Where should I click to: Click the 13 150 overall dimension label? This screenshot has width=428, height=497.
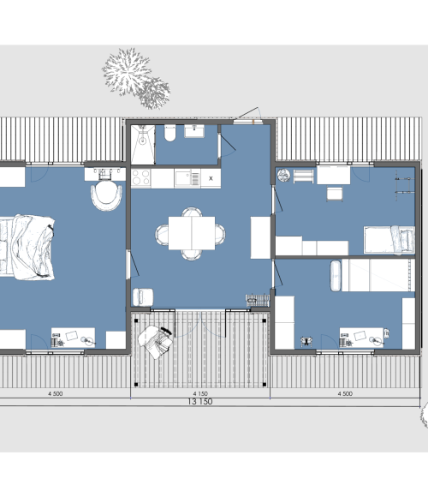pyautogui.click(x=200, y=402)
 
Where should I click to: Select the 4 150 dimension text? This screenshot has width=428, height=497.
pyautogui.click(x=200, y=393)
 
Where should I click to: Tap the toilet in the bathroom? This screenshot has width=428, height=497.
pyautogui.click(x=170, y=133)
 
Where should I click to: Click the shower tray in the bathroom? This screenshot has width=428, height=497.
pyautogui.click(x=143, y=145)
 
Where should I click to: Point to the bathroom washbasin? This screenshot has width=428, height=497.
pyautogui.click(x=194, y=131)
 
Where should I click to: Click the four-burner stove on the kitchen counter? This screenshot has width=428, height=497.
pyautogui.click(x=141, y=177)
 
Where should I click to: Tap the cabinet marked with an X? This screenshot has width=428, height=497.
pyautogui.click(x=211, y=178)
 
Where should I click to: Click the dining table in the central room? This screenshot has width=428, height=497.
pyautogui.click(x=192, y=233)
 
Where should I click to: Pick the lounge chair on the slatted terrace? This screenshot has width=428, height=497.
pyautogui.click(x=156, y=342)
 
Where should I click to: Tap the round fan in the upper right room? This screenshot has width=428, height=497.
pyautogui.click(x=283, y=176)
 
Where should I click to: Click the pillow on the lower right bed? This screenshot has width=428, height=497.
pyautogui.click(x=336, y=276)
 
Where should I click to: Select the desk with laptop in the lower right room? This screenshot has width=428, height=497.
pyautogui.click(x=361, y=338)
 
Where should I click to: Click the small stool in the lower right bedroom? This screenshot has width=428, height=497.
pyautogui.click(x=306, y=341)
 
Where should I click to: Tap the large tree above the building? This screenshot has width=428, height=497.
pyautogui.click(x=127, y=72)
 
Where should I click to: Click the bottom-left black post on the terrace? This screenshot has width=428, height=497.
pyautogui.click(x=136, y=385)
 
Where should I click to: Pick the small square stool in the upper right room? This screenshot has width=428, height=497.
pyautogui.click(x=335, y=194)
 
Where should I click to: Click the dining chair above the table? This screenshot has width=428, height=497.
pyautogui.click(x=192, y=212)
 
